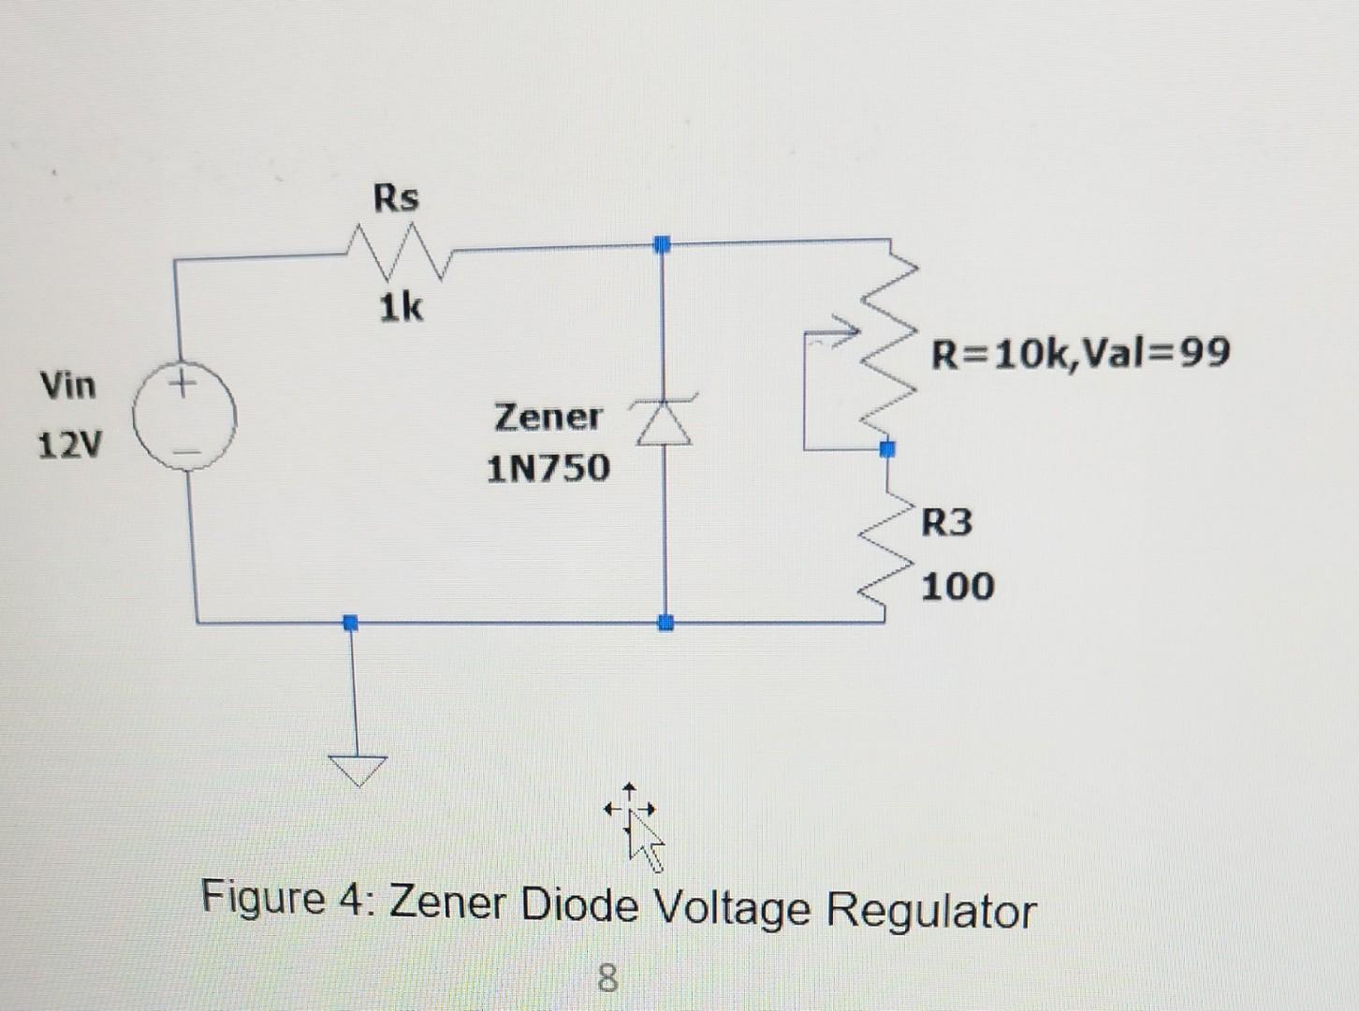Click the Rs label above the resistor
click(396, 198)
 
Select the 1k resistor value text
click(401, 307)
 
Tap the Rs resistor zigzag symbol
click(398, 255)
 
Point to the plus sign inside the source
click(183, 383)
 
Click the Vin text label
click(67, 385)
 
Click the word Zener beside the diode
click(548, 417)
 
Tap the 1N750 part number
click(548, 468)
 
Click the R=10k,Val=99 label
click(1080, 353)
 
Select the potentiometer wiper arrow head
click(848, 330)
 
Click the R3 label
click(946, 521)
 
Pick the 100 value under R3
click(957, 587)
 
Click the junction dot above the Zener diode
click(663, 244)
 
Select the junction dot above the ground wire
click(350, 622)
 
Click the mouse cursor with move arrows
click(639, 827)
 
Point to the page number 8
click(607, 978)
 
